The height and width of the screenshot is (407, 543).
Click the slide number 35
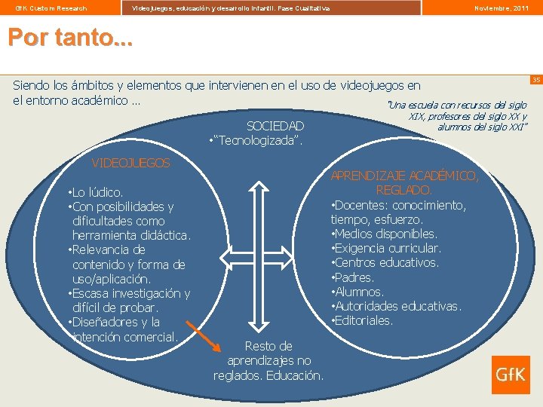(536, 80)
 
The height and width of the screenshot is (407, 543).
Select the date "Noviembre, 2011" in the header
(501, 8)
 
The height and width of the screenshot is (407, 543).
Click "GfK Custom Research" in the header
(51, 8)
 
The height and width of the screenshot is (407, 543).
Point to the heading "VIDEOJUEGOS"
(130, 163)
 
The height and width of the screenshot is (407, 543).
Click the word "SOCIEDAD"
(275, 126)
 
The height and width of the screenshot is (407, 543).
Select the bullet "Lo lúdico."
(96, 192)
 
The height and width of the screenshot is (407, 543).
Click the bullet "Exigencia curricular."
(386, 248)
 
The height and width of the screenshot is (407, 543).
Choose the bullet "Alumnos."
(357, 292)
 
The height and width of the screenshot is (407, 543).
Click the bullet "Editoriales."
(363, 320)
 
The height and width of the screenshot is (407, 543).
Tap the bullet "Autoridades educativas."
(396, 306)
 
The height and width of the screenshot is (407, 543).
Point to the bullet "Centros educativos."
(385, 262)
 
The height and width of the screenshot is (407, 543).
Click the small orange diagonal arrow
(203, 338)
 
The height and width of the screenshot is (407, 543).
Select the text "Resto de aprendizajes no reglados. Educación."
(268, 360)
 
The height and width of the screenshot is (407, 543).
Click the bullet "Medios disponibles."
(384, 234)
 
